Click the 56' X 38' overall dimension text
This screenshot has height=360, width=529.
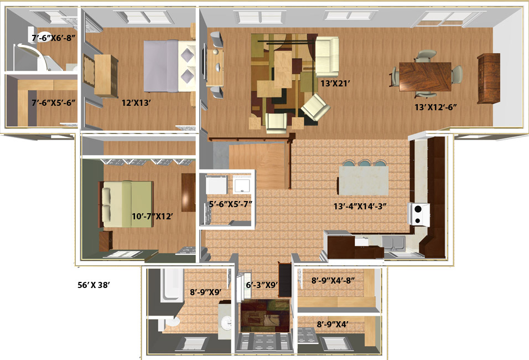point(94,285)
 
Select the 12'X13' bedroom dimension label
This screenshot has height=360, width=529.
point(136,102)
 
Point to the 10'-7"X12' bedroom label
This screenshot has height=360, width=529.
point(152,216)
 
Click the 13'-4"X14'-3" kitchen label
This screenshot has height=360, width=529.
point(360,206)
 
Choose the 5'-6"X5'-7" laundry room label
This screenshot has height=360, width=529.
point(230,204)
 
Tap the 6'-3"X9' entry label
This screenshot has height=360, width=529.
point(262,285)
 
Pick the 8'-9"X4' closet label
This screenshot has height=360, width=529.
point(333,324)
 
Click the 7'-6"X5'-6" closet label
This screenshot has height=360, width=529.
point(53,102)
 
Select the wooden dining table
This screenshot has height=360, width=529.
point(425,76)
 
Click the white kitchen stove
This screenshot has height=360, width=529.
point(419,214)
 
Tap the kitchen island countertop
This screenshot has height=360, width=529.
point(364,181)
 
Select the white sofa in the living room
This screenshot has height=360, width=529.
point(326,56)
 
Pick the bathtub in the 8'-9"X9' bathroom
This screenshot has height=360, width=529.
point(172,285)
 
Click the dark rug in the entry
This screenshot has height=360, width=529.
point(265,316)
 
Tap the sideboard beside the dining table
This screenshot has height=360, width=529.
point(489,78)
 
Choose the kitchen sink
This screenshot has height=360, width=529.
point(393,243)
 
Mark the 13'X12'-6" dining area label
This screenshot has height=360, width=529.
point(435,107)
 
